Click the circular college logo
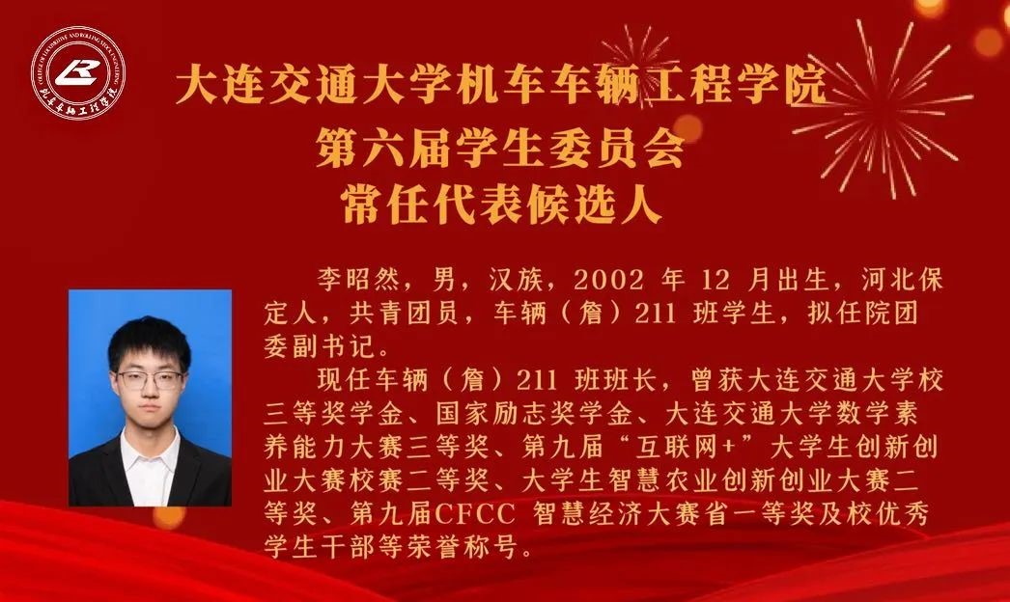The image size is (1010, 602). [x=78, y=72]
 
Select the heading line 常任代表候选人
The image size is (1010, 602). [x=502, y=204]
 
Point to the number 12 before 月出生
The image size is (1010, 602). [x=715, y=280]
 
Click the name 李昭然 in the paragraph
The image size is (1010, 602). [x=358, y=280]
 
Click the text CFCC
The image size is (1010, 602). [x=475, y=514]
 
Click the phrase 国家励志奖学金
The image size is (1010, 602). [x=534, y=413]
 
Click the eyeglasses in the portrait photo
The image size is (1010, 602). [x=150, y=380]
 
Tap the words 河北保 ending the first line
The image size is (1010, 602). [x=902, y=280]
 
